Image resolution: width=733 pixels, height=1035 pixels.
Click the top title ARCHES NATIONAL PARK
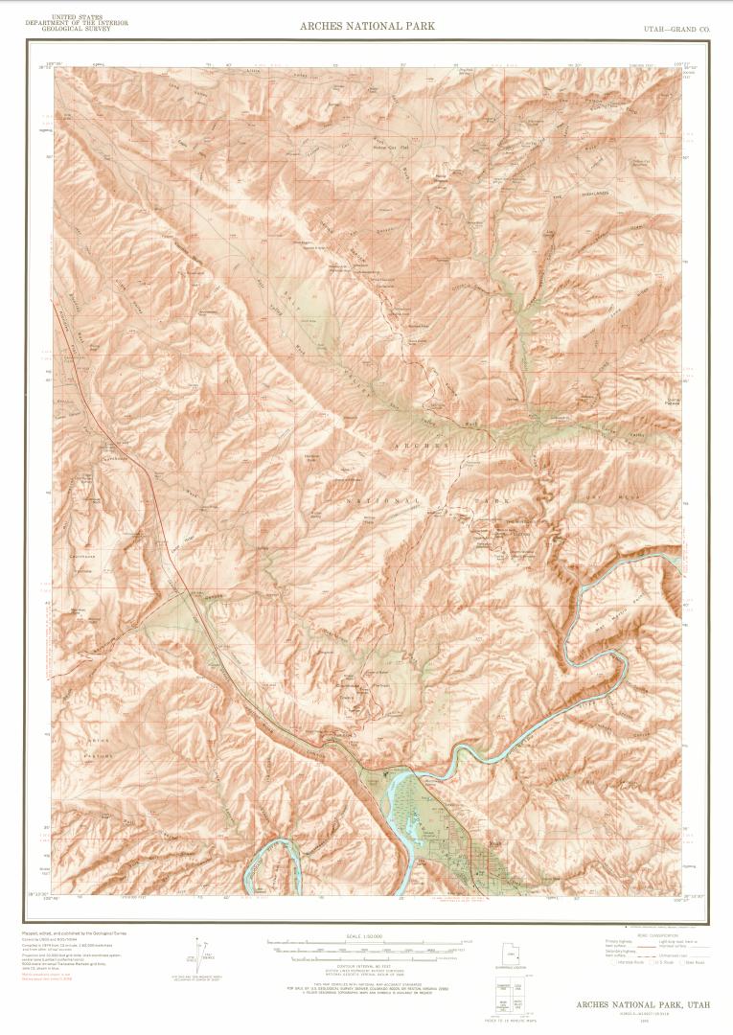click(367, 26)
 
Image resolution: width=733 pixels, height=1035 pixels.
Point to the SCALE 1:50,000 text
click(367, 934)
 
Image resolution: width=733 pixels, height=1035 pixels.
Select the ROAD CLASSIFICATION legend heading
click(662, 934)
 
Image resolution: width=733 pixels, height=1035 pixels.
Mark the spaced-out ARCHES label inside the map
click(420, 446)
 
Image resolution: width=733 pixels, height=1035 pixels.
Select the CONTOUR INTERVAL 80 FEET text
click(367, 969)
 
